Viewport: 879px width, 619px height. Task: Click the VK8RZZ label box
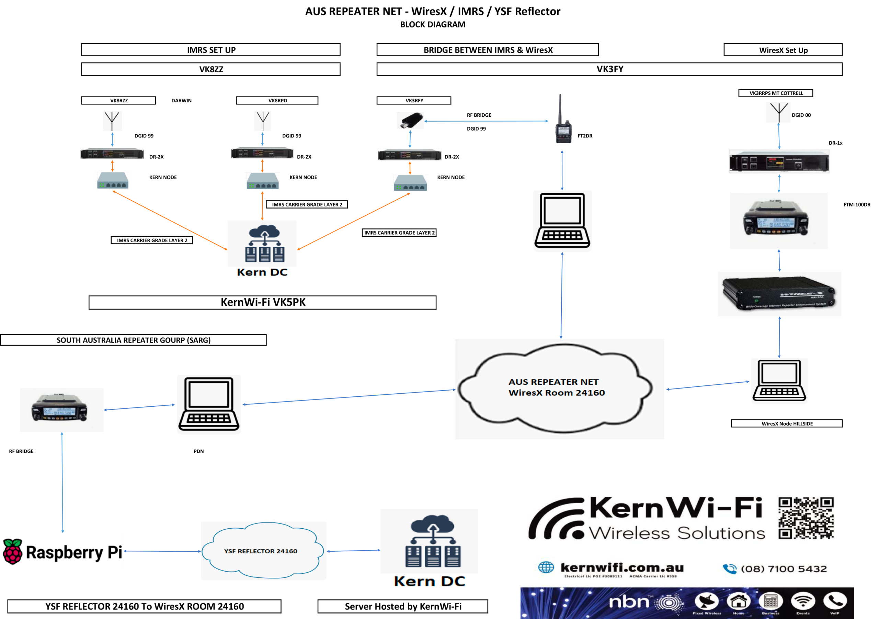(118, 100)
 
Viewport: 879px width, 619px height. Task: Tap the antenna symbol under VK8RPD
(263, 121)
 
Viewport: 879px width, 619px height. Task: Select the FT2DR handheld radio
(563, 123)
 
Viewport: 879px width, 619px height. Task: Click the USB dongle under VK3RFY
(410, 120)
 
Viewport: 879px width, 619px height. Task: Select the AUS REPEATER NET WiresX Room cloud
(556, 387)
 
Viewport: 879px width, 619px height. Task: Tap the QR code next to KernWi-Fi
(806, 518)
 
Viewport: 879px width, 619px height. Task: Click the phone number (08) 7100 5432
(783, 569)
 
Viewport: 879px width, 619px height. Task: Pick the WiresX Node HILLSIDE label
(786, 423)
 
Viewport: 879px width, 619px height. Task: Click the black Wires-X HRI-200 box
(779, 294)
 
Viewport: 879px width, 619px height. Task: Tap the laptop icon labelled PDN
(209, 404)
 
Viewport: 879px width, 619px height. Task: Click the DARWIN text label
(182, 100)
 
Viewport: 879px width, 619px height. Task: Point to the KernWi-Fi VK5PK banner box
(262, 302)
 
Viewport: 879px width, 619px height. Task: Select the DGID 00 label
(801, 115)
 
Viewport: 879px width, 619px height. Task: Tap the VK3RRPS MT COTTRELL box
(776, 93)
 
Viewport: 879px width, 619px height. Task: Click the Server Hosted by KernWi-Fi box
(403, 606)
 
